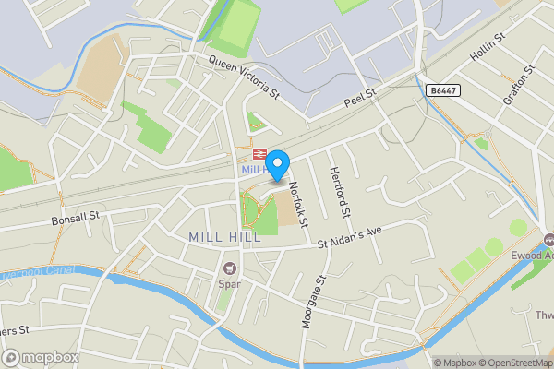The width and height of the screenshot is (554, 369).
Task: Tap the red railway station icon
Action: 259,155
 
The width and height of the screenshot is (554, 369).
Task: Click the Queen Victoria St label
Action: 245,77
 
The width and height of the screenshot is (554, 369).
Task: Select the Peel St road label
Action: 361,95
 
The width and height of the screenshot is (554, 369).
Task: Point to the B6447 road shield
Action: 442,89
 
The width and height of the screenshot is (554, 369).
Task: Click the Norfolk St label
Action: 296,198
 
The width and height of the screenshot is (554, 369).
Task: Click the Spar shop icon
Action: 228,268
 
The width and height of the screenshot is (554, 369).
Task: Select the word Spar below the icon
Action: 228,283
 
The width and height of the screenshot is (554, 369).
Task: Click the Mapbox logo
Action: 40,357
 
